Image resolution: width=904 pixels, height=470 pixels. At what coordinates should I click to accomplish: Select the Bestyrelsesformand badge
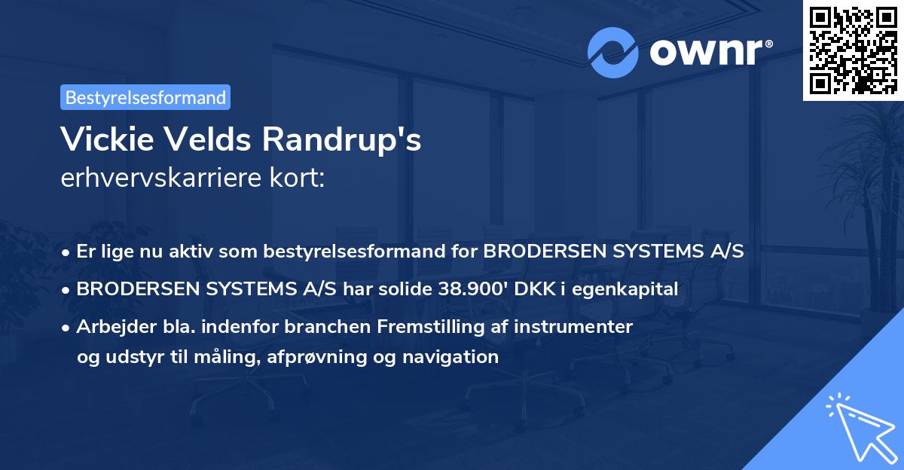[145, 97]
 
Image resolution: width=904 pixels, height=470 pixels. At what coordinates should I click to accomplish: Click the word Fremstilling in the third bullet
[424, 327]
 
